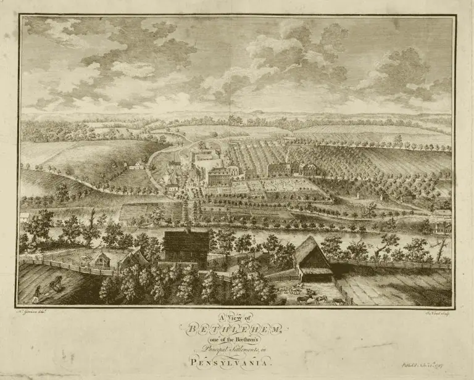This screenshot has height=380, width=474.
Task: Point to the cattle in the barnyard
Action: (x=312, y=297)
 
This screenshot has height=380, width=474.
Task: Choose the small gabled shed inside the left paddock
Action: (x=102, y=260)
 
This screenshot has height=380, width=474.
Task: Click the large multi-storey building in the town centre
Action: (x=220, y=176)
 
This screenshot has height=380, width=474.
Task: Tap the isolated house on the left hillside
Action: (x=136, y=165)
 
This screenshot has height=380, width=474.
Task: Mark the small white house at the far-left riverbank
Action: (x=25, y=217)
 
